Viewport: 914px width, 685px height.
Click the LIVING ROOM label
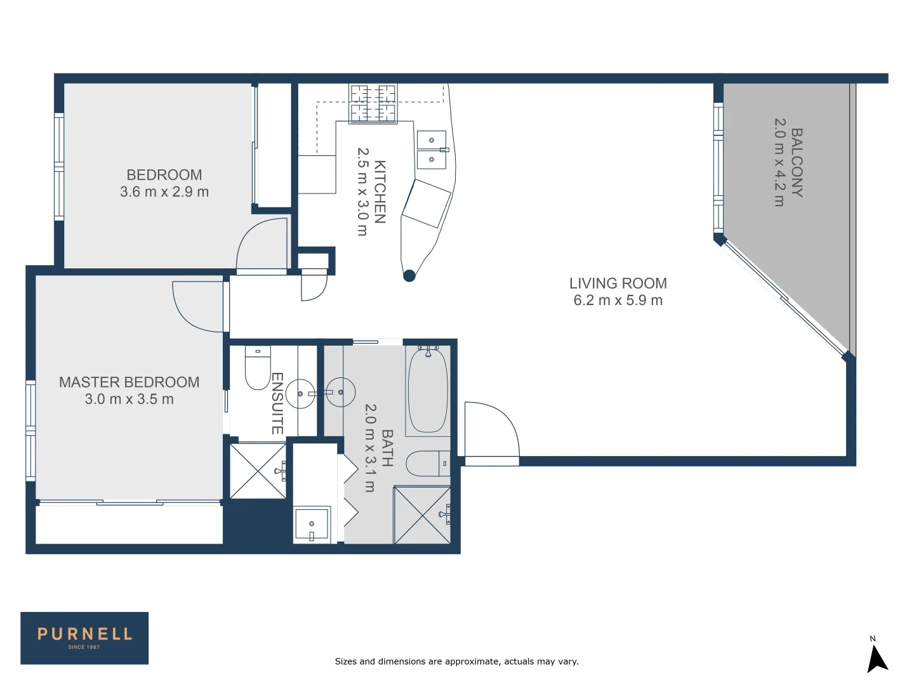point(618,284)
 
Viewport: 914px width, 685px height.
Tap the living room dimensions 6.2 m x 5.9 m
point(618,301)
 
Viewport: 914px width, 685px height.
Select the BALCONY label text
point(797,163)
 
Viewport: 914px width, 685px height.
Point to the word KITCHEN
point(380,192)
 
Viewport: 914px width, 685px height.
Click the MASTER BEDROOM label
point(129,382)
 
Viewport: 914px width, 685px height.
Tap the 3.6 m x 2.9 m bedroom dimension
point(164,192)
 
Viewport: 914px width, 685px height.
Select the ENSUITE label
point(277,403)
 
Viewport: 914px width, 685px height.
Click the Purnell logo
point(84,637)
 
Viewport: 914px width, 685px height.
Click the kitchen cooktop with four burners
point(373,103)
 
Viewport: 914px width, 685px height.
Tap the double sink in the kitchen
point(432,150)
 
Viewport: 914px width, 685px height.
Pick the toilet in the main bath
point(427,464)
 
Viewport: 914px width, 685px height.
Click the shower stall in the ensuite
point(258,471)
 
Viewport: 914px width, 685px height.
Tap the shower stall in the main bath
point(422,515)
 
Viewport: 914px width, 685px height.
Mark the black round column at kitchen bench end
point(409,275)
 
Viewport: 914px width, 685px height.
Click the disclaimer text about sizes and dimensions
point(456,662)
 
